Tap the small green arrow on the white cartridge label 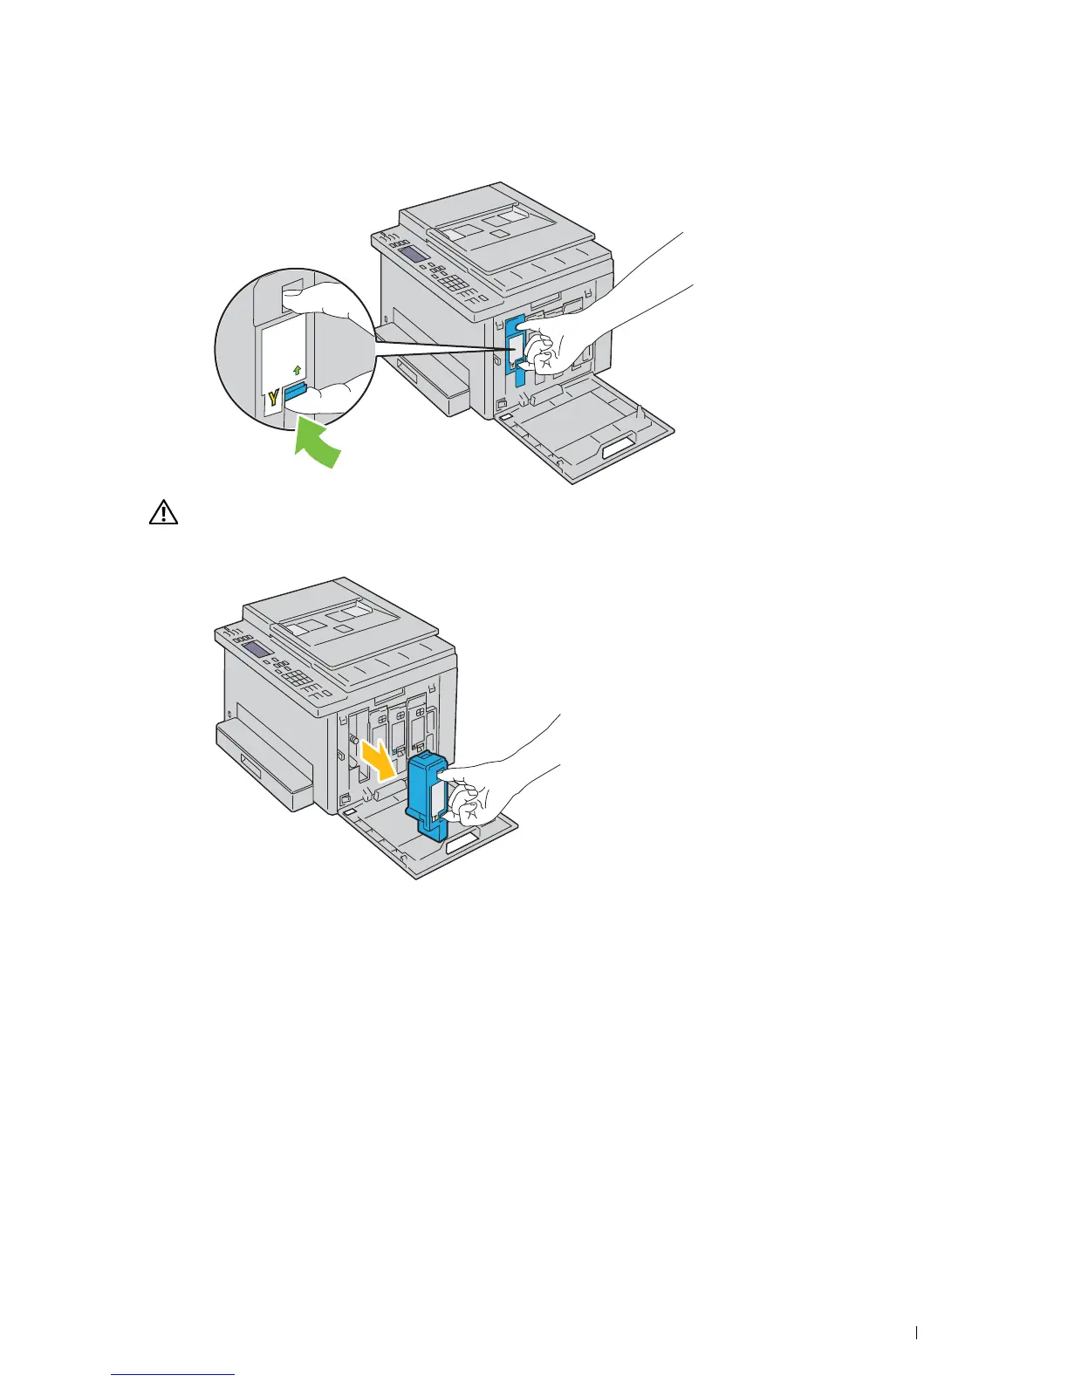click(x=297, y=370)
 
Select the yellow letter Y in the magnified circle click(x=273, y=399)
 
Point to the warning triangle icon click(x=163, y=513)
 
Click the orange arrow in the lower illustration click(x=380, y=758)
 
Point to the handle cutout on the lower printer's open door click(x=462, y=845)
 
